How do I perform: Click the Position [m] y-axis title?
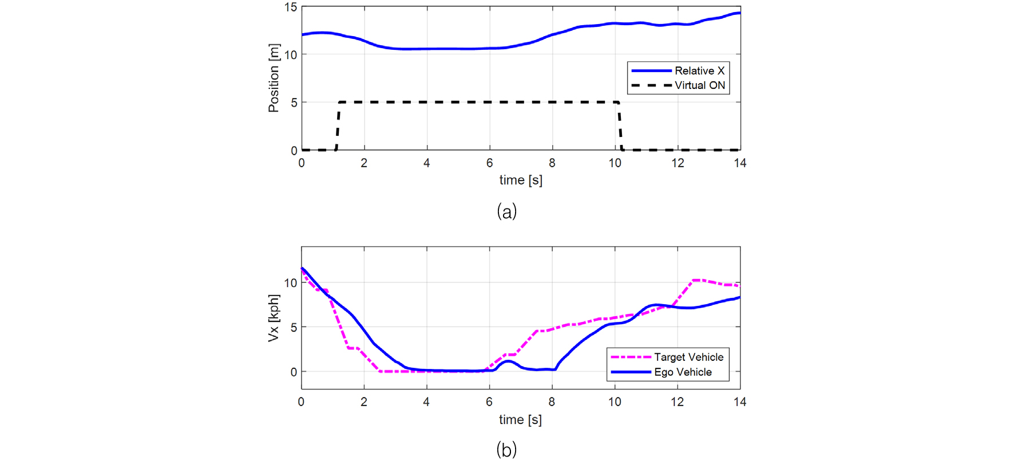point(274,78)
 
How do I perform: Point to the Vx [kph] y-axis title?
point(274,318)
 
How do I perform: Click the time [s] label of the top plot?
point(521,180)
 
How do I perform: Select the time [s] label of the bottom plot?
point(520,419)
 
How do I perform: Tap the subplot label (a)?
point(507,211)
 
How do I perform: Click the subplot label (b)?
point(507,449)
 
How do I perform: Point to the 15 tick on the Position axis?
point(291,7)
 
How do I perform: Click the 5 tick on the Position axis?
point(294,103)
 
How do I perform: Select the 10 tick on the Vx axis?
point(291,283)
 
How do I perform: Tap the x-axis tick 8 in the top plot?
point(552,163)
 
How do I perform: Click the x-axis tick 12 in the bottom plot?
point(678,402)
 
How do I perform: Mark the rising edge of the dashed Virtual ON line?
point(338,126)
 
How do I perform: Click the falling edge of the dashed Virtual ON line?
point(620,126)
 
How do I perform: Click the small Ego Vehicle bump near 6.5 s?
point(507,361)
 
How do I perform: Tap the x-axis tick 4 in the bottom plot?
point(426,402)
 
